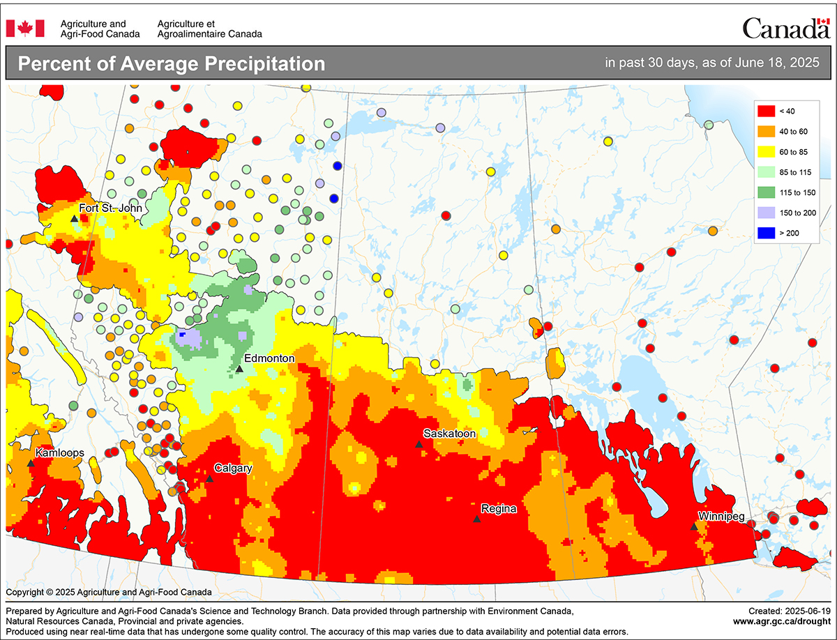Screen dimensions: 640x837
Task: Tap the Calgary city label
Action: (233, 468)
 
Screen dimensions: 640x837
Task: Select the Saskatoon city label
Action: (450, 434)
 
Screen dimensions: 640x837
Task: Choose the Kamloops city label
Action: (60, 452)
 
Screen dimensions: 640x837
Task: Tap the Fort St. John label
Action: (110, 208)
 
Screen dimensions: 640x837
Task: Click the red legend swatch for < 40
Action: (766, 110)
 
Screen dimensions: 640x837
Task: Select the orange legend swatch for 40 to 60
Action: (766, 130)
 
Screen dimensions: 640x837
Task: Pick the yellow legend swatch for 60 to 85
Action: (766, 151)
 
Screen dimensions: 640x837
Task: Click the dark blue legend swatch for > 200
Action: (766, 232)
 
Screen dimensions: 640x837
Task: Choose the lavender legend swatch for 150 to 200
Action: (766, 212)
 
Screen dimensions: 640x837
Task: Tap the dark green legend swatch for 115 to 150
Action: (766, 192)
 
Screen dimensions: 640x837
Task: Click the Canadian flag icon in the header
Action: (25, 28)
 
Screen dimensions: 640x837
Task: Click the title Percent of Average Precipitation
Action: (172, 63)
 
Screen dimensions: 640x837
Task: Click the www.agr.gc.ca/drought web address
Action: (781, 620)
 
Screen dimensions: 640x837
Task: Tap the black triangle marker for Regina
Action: (476, 519)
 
